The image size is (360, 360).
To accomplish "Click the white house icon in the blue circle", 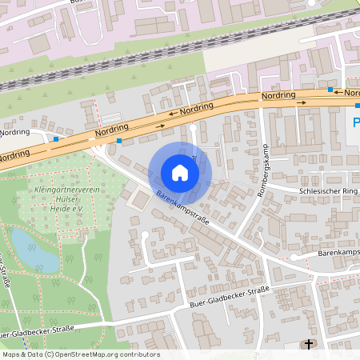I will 180,173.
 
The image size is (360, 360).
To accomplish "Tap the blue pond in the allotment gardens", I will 34,249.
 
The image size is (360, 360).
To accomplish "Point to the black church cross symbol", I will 308,345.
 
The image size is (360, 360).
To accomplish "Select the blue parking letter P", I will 355,122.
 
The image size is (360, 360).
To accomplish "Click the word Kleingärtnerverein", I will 65,190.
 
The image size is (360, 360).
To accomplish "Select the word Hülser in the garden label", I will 69,199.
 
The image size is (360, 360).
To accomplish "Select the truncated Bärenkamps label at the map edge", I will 338,252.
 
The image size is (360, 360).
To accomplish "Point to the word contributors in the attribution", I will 139,354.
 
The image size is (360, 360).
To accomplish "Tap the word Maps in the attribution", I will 11,354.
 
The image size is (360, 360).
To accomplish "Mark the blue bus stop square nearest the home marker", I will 119,141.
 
